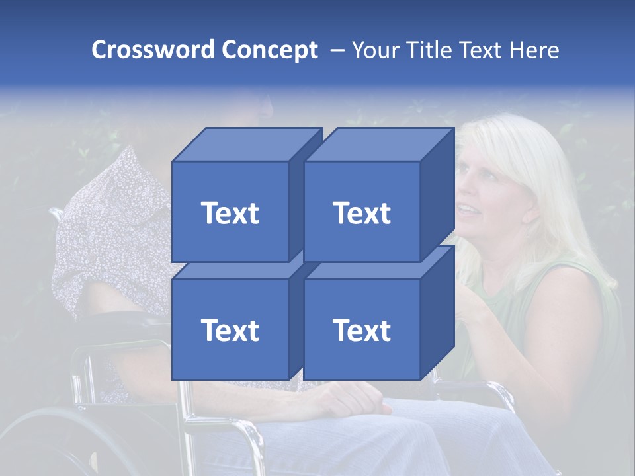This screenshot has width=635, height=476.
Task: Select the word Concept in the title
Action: point(269,50)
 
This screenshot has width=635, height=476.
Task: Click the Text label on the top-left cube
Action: point(230,213)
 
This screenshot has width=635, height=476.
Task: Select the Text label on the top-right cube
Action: point(362,213)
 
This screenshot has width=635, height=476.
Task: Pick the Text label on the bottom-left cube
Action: point(230,330)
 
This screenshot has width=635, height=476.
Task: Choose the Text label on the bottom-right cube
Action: point(362,330)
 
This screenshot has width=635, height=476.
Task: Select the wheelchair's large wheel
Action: point(40,436)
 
